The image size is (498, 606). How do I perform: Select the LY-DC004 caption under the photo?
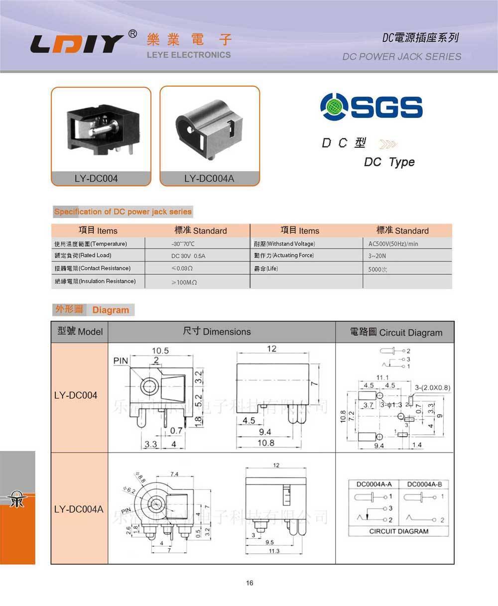pyautogui.click(x=96, y=178)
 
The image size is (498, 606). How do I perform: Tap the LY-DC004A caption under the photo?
pyautogui.click(x=209, y=178)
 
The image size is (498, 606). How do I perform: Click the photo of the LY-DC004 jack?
pyautogui.click(x=101, y=129)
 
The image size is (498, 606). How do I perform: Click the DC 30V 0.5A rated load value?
pyautogui.click(x=188, y=256)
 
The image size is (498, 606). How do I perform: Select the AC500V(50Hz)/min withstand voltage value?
pyautogui.click(x=393, y=244)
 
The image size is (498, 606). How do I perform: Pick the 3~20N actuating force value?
pyautogui.click(x=377, y=256)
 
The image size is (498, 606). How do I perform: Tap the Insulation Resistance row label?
pyautogui.click(x=95, y=281)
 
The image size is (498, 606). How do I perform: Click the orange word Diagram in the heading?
pyautogui.click(x=111, y=310)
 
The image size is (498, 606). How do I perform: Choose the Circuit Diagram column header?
pyautogui.click(x=396, y=332)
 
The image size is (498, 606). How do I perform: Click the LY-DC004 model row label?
pyautogui.click(x=76, y=395)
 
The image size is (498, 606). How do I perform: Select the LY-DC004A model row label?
pyautogui.click(x=79, y=509)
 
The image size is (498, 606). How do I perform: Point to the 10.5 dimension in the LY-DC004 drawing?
pyautogui.click(x=160, y=351)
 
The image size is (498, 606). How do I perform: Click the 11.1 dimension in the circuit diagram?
pyautogui.click(x=382, y=377)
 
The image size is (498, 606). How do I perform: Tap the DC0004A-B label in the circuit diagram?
pyautogui.click(x=424, y=484)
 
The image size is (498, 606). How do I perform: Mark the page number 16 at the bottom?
pyautogui.click(x=249, y=583)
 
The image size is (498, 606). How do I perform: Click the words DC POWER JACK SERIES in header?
pyautogui.click(x=401, y=56)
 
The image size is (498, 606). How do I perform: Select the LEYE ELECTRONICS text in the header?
pyautogui.click(x=189, y=55)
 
